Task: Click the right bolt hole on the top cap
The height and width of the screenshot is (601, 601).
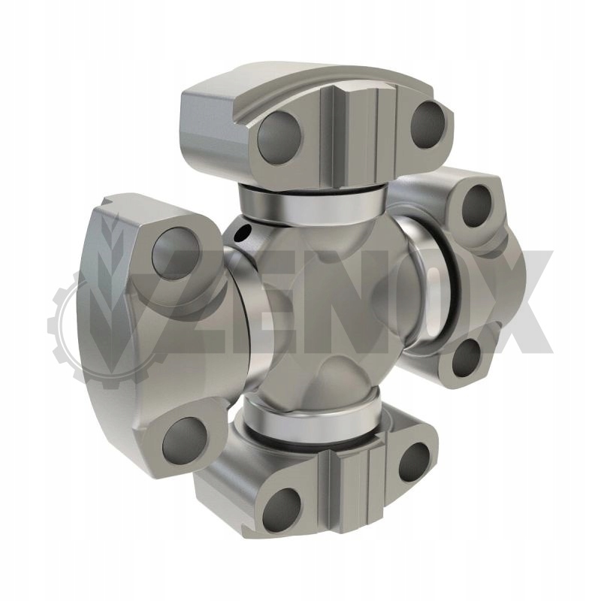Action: point(428,124)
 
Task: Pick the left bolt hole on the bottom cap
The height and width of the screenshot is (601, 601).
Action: point(282,510)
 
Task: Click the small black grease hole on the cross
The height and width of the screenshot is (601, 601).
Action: point(243,232)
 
